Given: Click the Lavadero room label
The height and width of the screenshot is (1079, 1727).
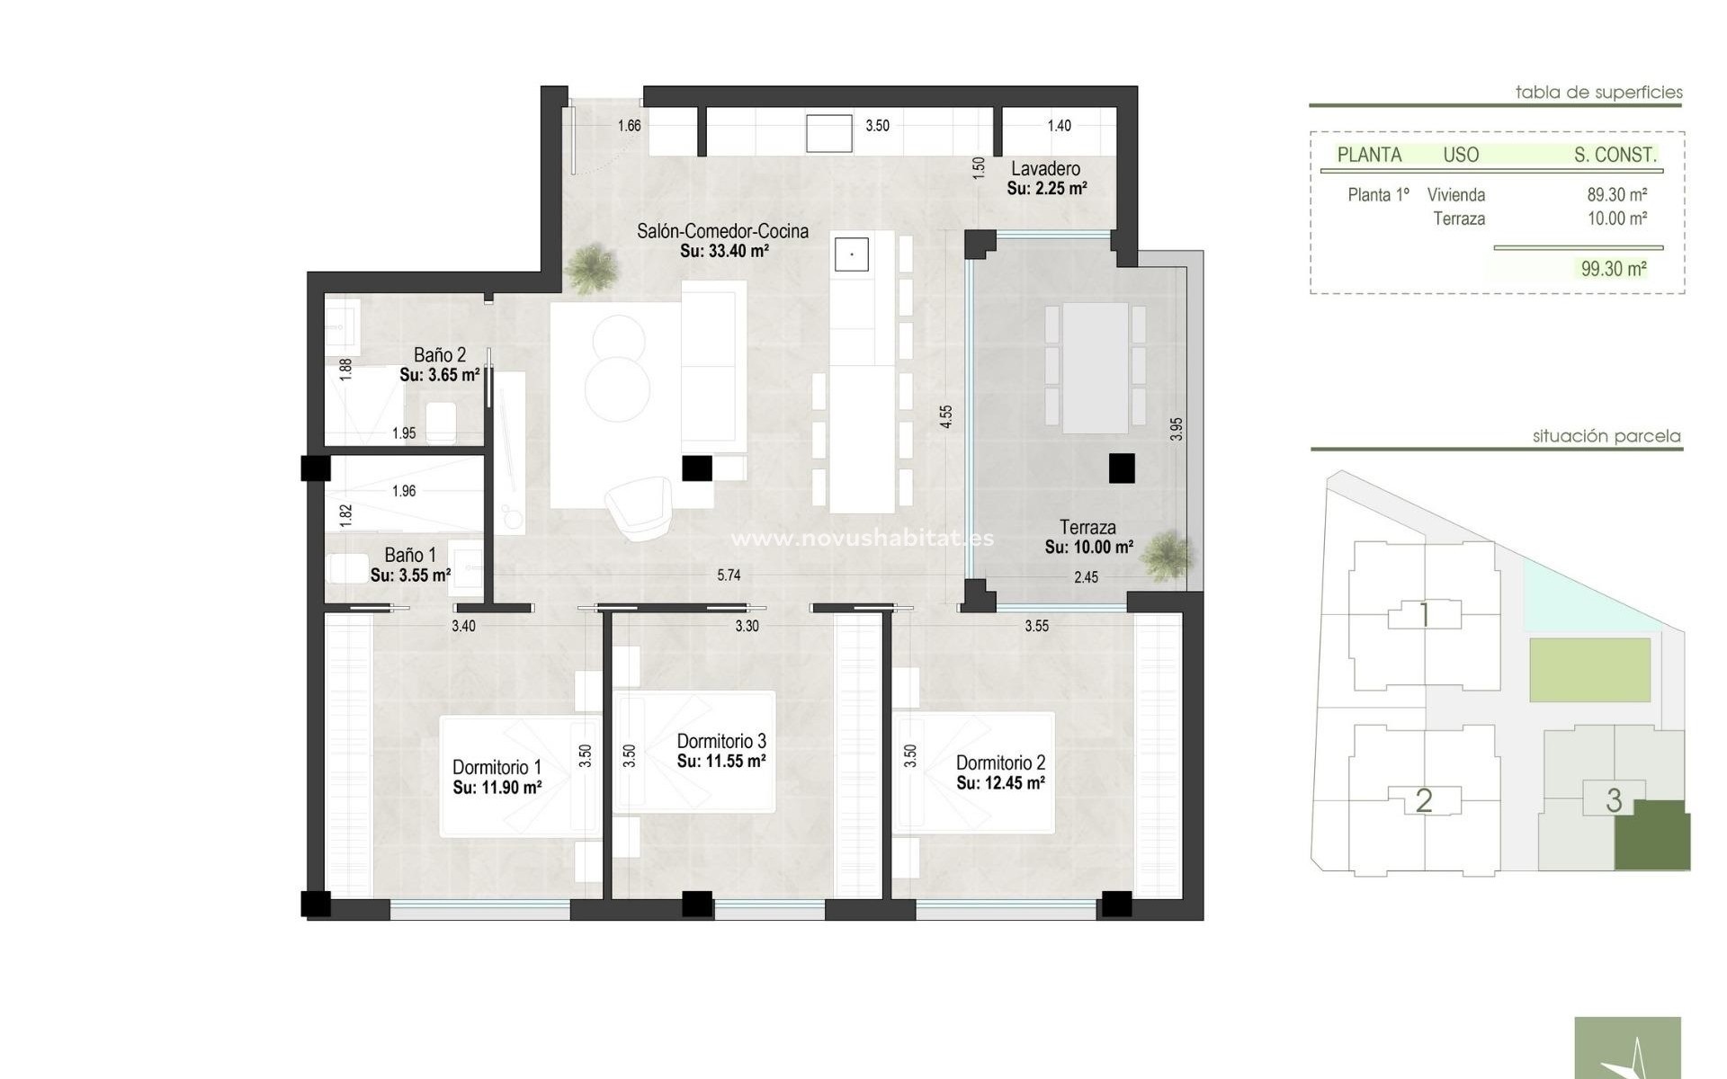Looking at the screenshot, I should tap(1045, 169).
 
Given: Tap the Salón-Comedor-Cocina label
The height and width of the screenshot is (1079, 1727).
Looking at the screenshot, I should tap(722, 231).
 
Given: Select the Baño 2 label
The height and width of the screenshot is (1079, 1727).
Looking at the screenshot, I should tap(440, 355).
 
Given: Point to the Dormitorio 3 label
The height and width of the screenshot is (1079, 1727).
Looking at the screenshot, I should tap(721, 742).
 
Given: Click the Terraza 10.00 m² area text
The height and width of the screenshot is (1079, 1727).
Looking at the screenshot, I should tap(1088, 547).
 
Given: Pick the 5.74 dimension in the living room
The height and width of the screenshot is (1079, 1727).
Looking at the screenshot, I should tap(729, 575).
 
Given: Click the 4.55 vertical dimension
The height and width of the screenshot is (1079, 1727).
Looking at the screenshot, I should tap(946, 416).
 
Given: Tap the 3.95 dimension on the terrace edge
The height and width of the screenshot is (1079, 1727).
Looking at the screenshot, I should tap(1177, 429).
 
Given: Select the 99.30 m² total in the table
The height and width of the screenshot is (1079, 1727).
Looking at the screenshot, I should tap(1614, 269).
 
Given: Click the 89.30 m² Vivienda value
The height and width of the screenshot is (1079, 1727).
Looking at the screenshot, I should tap(1616, 195).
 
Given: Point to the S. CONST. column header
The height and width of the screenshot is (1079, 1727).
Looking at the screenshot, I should tap(1615, 155).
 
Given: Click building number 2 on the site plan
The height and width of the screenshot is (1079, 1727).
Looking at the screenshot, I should tap(1423, 800).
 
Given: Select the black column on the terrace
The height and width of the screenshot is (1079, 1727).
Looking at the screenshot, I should tap(1122, 468).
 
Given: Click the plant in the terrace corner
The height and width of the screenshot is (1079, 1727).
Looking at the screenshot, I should tap(1168, 555).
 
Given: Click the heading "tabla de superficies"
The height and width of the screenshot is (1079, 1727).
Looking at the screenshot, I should tap(1598, 92).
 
